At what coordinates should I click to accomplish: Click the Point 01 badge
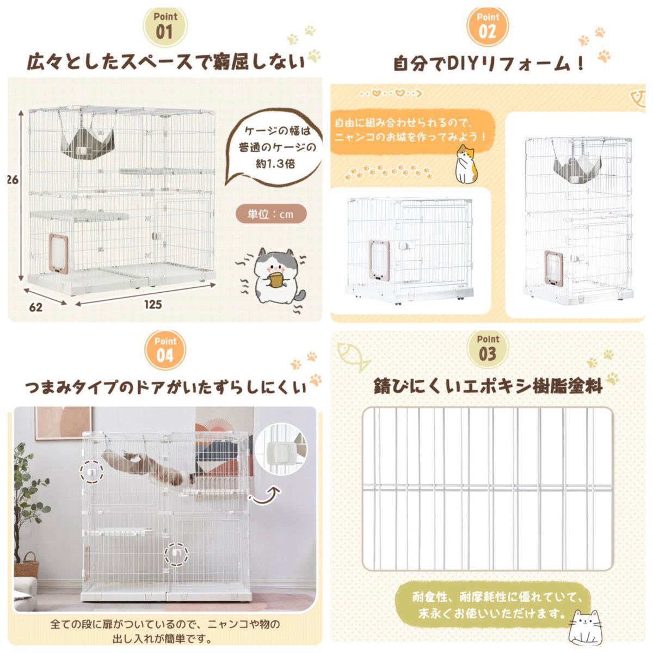[x=165, y=24]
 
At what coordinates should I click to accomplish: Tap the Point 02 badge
[x=488, y=24]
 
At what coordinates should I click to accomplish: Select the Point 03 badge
[x=488, y=348]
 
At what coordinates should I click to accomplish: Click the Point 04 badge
[x=165, y=349]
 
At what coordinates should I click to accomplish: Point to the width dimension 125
[x=153, y=304]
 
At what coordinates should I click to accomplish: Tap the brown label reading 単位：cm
[x=270, y=214]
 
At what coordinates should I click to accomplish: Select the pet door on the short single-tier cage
[x=379, y=261]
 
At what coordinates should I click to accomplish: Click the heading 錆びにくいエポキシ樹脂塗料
[x=488, y=386]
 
